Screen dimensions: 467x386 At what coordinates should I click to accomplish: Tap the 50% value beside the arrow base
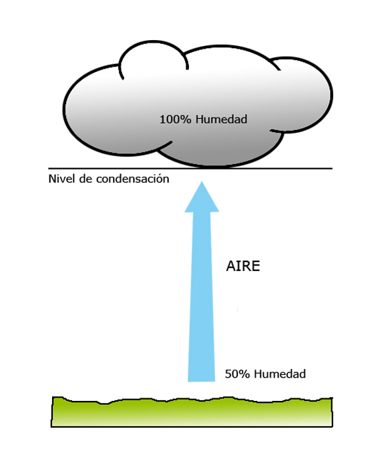click(237, 374)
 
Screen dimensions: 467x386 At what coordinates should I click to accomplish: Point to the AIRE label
click(242, 266)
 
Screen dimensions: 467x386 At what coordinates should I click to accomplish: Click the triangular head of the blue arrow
click(202, 199)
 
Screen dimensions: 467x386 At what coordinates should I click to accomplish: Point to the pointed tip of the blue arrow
click(202, 182)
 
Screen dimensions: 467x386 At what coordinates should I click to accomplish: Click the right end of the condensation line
click(331, 169)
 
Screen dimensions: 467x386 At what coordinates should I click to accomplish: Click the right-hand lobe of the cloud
click(304, 93)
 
